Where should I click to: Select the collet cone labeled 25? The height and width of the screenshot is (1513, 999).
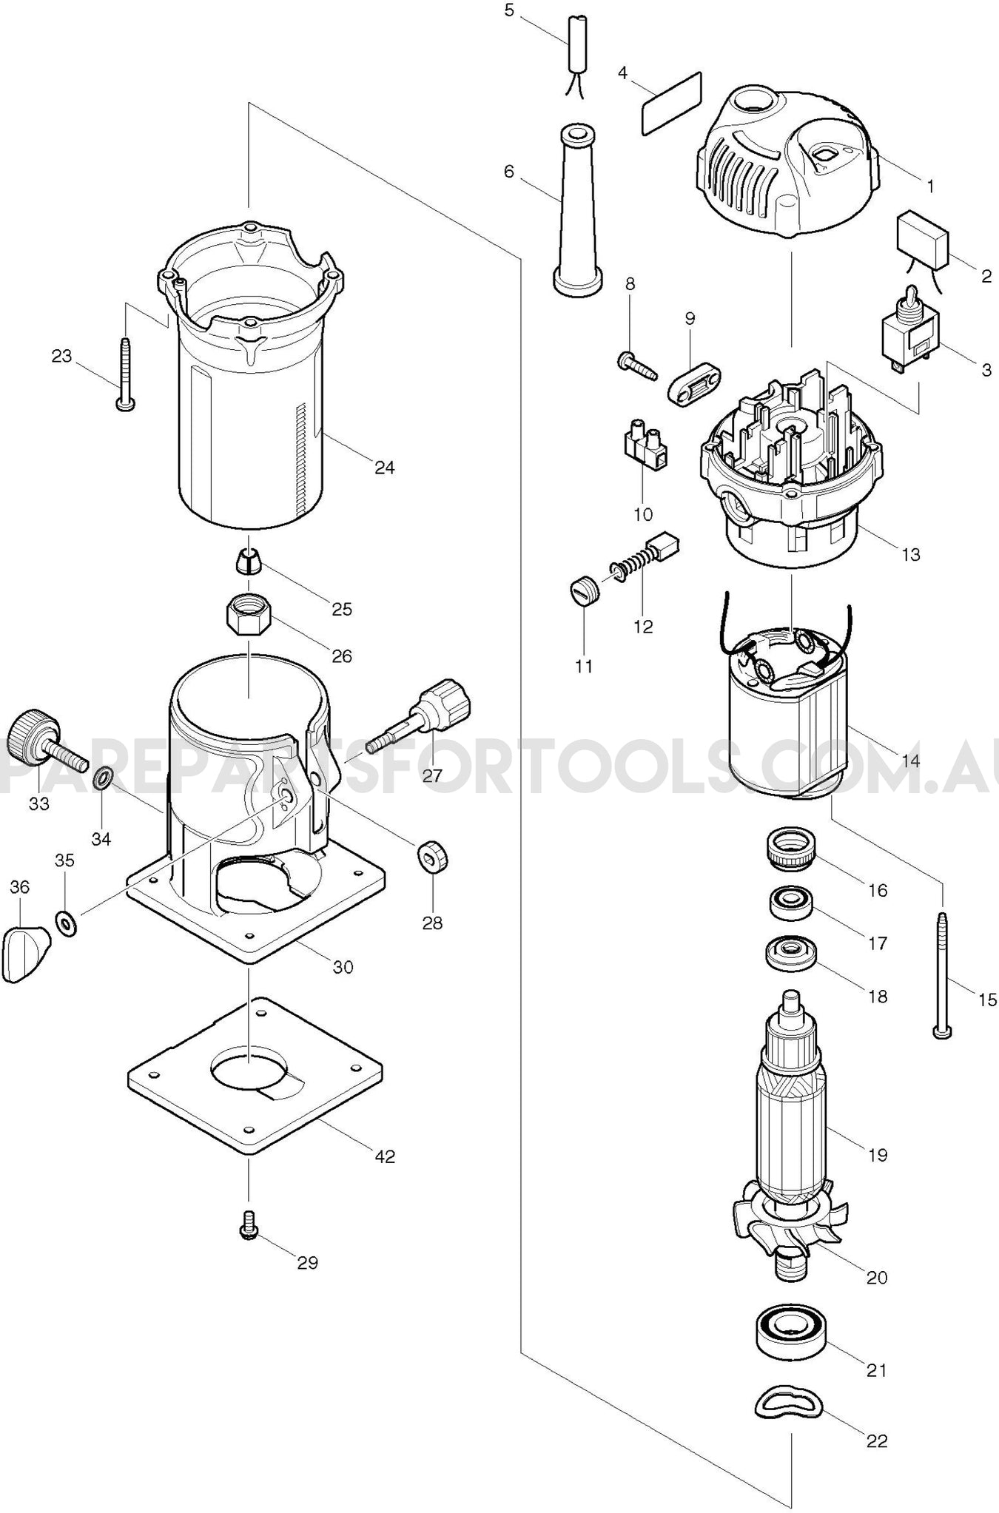(x=249, y=563)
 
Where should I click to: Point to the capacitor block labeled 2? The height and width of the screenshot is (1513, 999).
(x=923, y=240)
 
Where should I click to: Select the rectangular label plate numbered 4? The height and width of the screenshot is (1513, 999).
(x=670, y=103)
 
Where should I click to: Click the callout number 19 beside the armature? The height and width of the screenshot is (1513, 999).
(x=877, y=1155)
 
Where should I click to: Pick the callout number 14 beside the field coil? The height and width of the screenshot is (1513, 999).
(x=910, y=760)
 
